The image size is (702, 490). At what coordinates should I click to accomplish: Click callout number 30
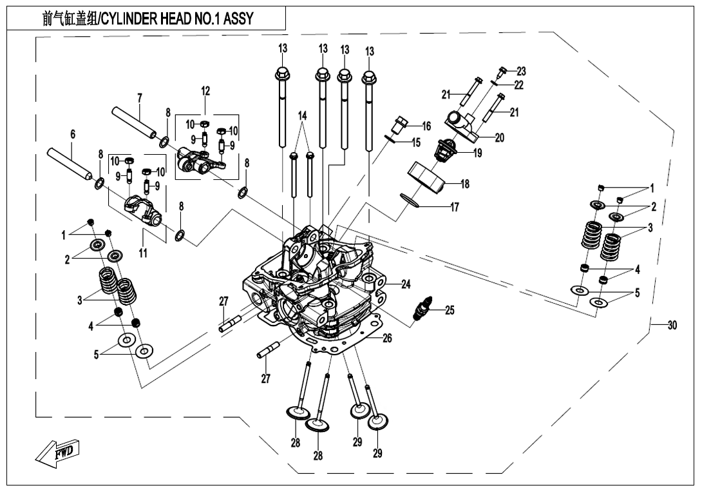pyautogui.click(x=672, y=326)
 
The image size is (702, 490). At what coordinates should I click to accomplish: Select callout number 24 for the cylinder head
pyautogui.click(x=406, y=284)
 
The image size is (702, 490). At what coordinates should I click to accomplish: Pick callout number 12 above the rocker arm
pyautogui.click(x=205, y=91)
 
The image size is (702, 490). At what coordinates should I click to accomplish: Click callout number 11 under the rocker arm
pyautogui.click(x=143, y=253)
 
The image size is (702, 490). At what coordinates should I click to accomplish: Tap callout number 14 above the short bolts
pyautogui.click(x=302, y=115)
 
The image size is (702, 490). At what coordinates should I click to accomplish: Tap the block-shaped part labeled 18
pyautogui.click(x=427, y=176)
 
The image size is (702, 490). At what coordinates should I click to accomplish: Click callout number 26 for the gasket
pyautogui.click(x=388, y=338)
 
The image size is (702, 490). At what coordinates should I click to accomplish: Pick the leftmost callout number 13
pyautogui.click(x=283, y=48)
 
